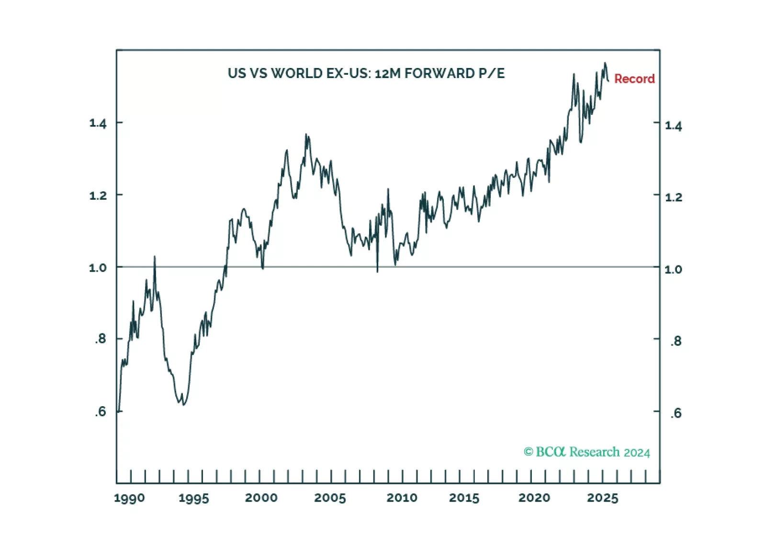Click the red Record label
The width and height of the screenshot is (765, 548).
pyautogui.click(x=634, y=79)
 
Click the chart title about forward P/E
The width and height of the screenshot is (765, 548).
pyautogui.click(x=366, y=73)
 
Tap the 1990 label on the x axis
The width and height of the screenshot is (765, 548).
pyautogui.click(x=129, y=498)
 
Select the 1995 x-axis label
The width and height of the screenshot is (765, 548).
pyautogui.click(x=193, y=498)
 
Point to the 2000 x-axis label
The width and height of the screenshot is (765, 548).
pyautogui.click(x=261, y=498)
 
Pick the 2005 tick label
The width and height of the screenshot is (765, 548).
pyautogui.click(x=330, y=498)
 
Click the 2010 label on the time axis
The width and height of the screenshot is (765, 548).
pyautogui.click(x=402, y=498)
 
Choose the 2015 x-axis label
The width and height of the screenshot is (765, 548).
pyautogui.click(x=464, y=498)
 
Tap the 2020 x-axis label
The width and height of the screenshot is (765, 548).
pyautogui.click(x=534, y=498)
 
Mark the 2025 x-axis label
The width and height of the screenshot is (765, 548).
pyautogui.click(x=603, y=498)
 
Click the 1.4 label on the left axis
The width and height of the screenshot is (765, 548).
pyautogui.click(x=98, y=124)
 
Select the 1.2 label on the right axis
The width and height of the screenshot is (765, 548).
pyautogui.click(x=674, y=197)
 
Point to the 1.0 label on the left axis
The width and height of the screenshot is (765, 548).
pyautogui.click(x=98, y=268)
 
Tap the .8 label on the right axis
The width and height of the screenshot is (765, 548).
pyautogui.click(x=675, y=341)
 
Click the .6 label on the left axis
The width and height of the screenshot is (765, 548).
pyautogui.click(x=100, y=411)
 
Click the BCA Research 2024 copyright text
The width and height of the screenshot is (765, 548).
pyautogui.click(x=587, y=452)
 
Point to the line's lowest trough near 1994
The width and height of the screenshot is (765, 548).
pyautogui.click(x=184, y=405)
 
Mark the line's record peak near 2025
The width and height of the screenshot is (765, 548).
pyautogui.click(x=605, y=63)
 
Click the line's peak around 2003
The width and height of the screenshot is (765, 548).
pyautogui.click(x=306, y=135)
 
